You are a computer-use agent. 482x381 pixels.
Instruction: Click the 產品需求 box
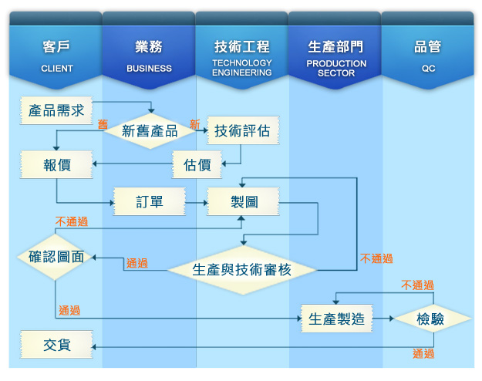click(56, 110)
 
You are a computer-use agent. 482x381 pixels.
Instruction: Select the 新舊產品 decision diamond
click(150, 131)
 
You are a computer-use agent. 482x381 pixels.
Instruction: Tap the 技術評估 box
click(243, 130)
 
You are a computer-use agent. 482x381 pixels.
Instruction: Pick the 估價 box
click(197, 164)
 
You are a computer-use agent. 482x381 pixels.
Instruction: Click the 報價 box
click(56, 164)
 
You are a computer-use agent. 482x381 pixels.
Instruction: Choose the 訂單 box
click(150, 202)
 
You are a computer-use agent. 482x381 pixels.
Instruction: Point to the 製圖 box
click(243, 202)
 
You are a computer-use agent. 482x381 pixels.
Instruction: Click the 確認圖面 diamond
click(56, 257)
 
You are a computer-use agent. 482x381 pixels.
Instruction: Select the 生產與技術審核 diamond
click(242, 270)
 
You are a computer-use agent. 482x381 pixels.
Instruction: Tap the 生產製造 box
click(336, 319)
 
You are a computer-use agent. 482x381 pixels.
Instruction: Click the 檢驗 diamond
click(431, 319)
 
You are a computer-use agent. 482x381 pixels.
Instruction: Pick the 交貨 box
click(56, 345)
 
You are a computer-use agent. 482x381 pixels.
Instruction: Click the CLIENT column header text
click(57, 69)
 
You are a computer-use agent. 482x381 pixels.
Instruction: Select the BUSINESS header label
click(149, 69)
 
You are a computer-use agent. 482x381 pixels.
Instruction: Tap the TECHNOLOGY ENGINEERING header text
click(242, 68)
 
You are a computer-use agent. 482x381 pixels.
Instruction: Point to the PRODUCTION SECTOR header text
click(336, 69)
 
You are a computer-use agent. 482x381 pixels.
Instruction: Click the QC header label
click(428, 69)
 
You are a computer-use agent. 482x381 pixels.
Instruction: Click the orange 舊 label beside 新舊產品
click(103, 124)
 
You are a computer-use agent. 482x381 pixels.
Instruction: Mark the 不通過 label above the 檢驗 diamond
click(417, 285)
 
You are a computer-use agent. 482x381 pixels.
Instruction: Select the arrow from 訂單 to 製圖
click(197, 203)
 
